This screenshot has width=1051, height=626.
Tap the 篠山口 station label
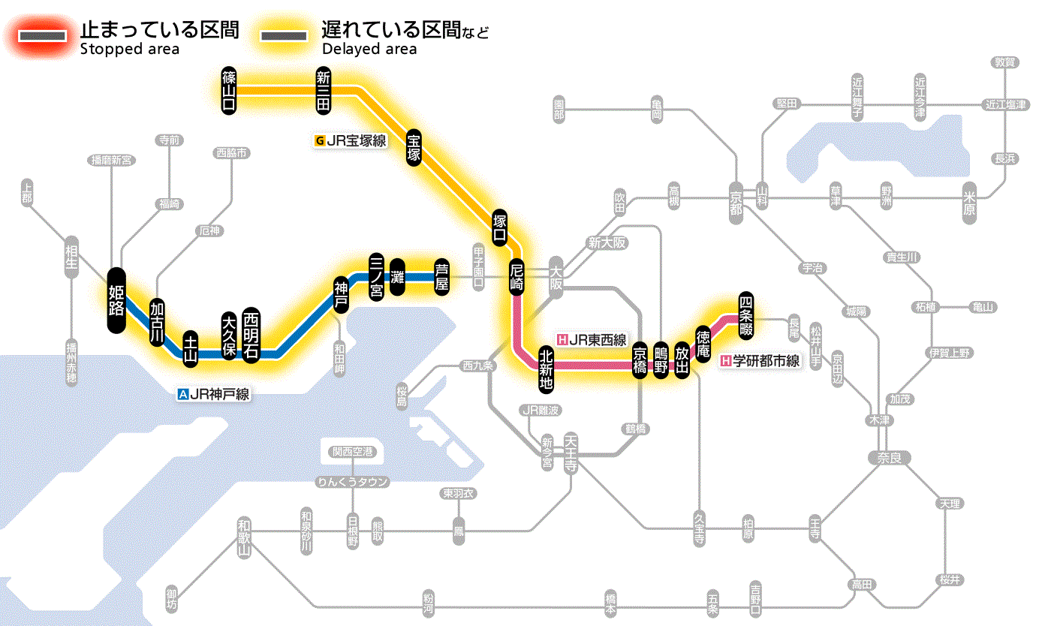(x=229, y=90)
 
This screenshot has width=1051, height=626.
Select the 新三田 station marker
(x=324, y=90)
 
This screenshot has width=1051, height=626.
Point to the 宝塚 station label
(x=414, y=147)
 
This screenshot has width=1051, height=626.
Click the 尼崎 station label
(x=516, y=277)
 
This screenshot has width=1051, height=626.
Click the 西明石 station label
(x=251, y=336)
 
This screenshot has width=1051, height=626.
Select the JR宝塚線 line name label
(x=351, y=140)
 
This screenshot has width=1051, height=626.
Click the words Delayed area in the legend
(x=369, y=50)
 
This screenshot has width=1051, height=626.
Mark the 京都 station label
(x=736, y=200)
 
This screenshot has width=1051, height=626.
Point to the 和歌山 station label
(x=243, y=537)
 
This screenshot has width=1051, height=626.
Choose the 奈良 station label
(x=889, y=457)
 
